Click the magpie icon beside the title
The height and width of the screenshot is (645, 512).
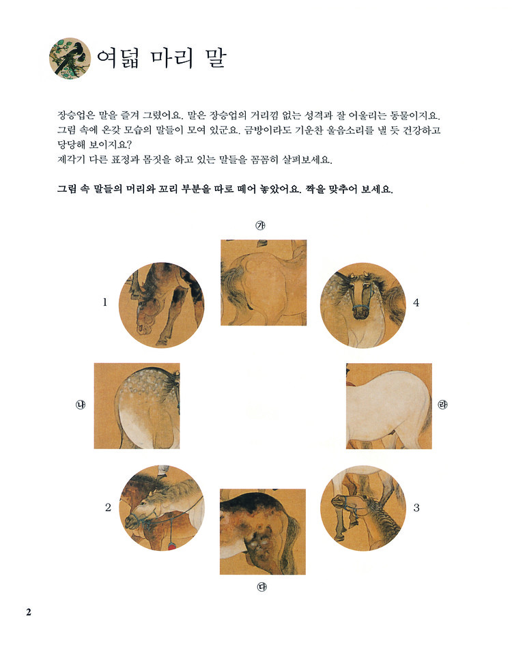[70, 59]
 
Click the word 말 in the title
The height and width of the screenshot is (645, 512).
[214, 58]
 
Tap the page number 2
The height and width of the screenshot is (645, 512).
[29, 612]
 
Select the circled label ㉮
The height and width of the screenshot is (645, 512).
[261, 225]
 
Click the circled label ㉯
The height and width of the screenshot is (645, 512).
[80, 405]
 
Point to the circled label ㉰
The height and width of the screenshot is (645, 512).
[261, 587]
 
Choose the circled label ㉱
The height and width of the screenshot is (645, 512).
[442, 405]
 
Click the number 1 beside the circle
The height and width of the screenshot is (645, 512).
[105, 302]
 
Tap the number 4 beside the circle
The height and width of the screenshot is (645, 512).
[416, 303]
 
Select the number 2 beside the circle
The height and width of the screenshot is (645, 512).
[108, 508]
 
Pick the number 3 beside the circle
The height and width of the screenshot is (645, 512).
[416, 508]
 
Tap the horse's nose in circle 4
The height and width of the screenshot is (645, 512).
[361, 313]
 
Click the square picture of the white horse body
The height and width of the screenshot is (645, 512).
[389, 406]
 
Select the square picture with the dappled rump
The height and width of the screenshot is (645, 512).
[137, 406]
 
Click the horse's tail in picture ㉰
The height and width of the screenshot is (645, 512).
[293, 534]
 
